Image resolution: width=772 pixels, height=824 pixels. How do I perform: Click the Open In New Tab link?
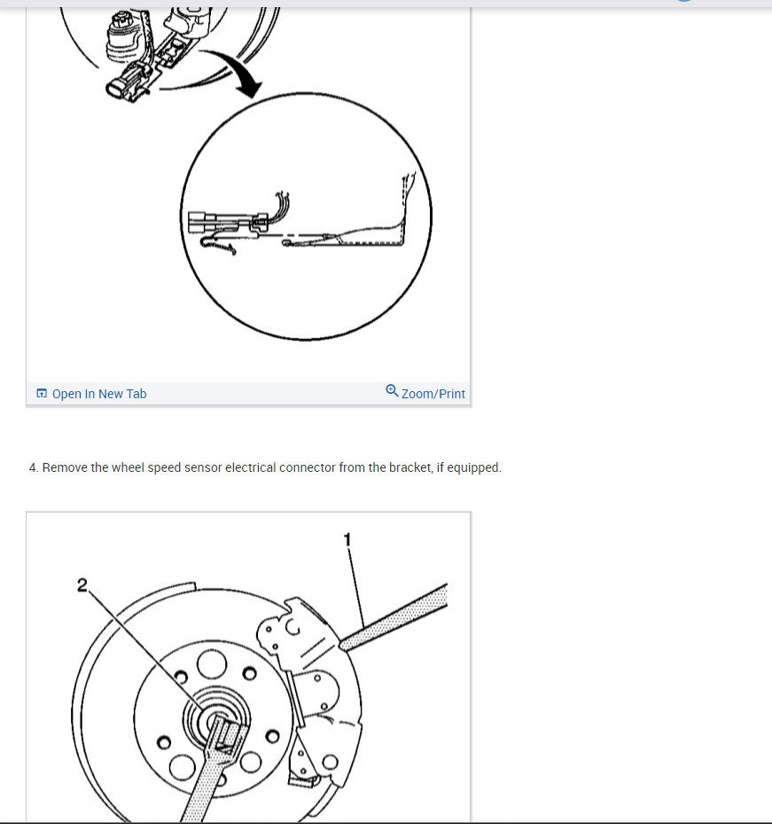pos(99,394)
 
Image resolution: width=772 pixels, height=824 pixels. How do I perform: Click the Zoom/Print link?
pos(433,394)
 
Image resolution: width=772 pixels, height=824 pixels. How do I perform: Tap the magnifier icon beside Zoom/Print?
pos(392,390)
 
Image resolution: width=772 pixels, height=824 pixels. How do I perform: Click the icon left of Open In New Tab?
pos(42,393)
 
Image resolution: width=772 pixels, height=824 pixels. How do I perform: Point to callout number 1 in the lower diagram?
pos(347,539)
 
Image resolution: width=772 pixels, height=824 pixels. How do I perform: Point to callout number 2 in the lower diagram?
pos(82,585)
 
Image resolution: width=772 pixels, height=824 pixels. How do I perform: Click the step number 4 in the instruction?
pos(34,467)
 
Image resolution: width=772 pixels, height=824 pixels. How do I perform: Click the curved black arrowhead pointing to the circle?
pos(248,85)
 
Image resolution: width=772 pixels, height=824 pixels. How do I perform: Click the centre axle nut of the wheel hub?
pos(217,719)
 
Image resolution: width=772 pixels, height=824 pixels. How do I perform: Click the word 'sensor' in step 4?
pos(203,467)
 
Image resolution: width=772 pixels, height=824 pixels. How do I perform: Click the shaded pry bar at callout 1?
pos(394,617)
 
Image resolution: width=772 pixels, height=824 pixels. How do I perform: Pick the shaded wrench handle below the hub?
pos(210,773)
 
